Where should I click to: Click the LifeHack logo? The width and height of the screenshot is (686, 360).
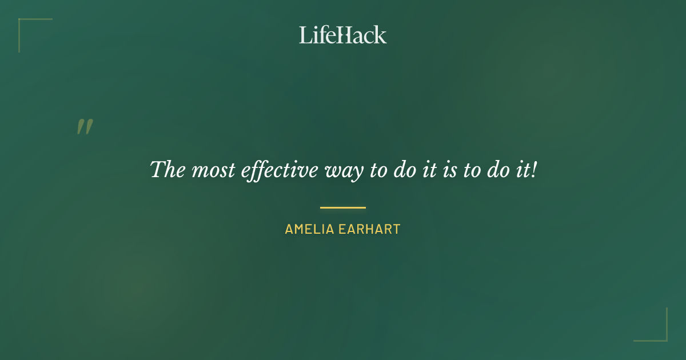pos(343,35)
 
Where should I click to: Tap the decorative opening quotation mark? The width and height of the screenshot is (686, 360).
pos(85,127)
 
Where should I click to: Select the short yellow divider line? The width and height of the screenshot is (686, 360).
pos(343,207)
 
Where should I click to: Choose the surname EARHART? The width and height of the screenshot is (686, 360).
pos(373,230)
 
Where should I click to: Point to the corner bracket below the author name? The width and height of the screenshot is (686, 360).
pos(651,325)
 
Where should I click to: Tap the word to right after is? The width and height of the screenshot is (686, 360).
pos(472,170)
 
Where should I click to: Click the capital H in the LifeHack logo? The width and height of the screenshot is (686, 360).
pos(341,35)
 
